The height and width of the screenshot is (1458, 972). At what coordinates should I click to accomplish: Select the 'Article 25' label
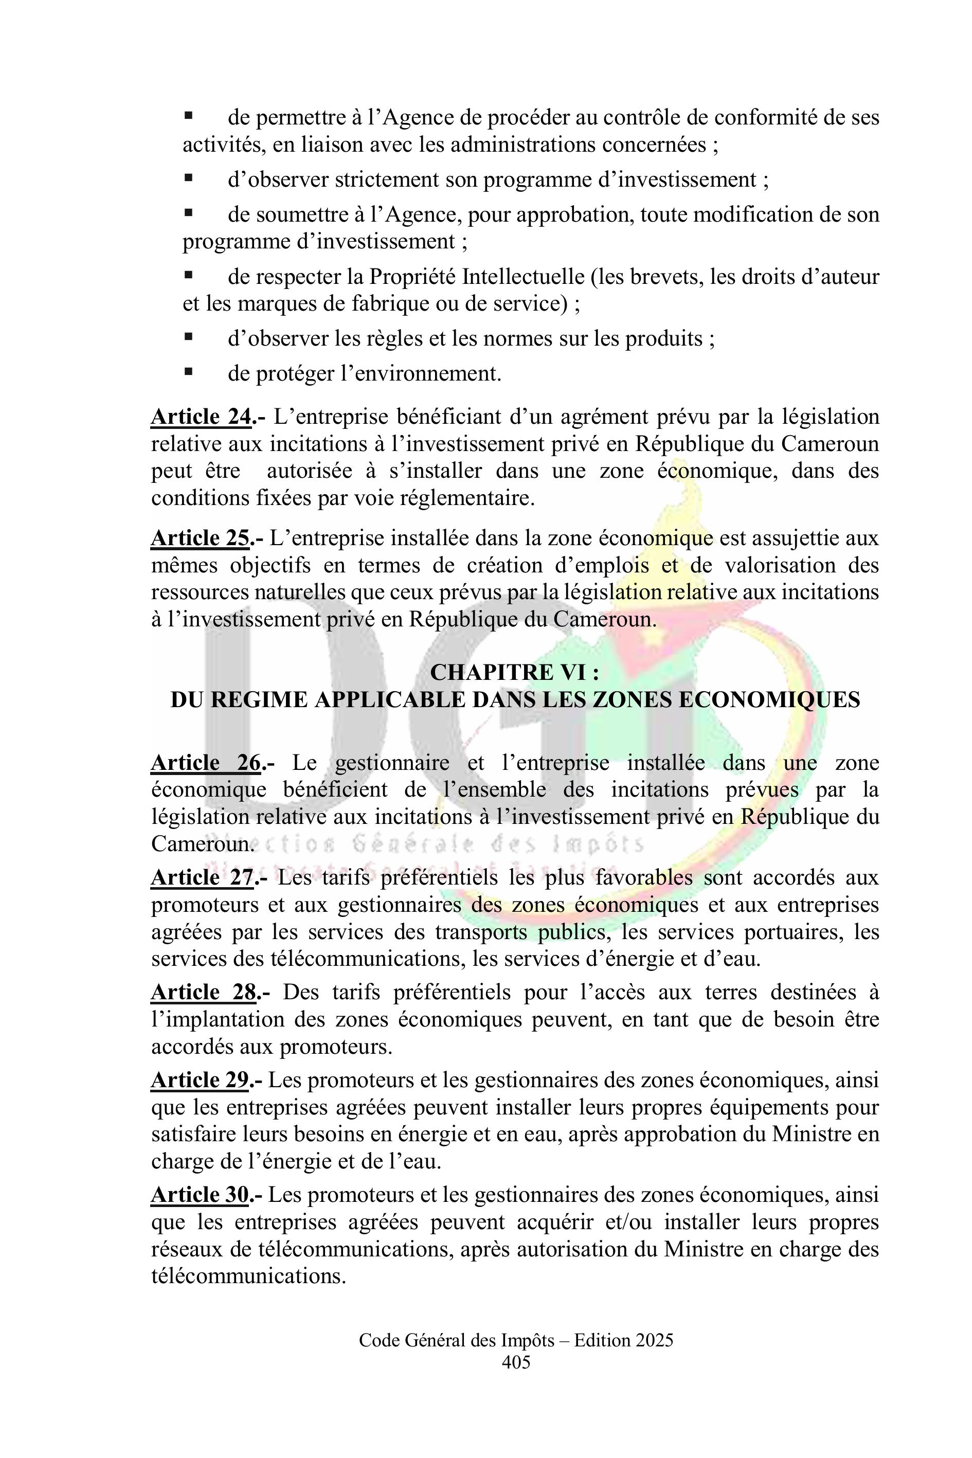click(201, 538)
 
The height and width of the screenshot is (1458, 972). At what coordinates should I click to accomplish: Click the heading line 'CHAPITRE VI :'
click(514, 673)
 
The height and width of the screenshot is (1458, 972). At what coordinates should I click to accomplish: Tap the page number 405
click(516, 1362)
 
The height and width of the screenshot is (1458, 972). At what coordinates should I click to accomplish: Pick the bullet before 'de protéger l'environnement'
click(188, 372)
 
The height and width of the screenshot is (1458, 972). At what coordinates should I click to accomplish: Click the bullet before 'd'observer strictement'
click(188, 178)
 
